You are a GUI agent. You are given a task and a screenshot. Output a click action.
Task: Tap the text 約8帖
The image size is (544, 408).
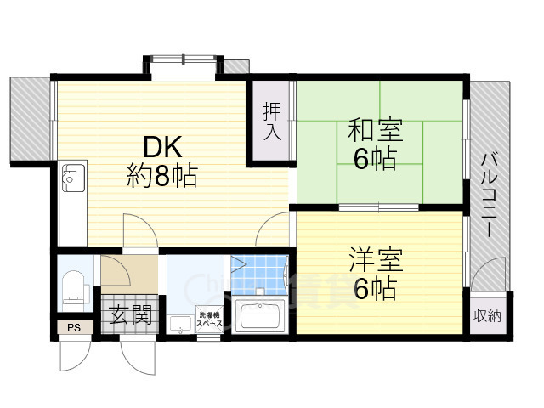tap(162, 176)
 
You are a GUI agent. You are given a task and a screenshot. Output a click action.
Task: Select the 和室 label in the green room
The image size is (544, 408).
tap(374, 132)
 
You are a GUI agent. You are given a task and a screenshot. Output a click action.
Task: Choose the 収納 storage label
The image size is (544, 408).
tap(488, 315)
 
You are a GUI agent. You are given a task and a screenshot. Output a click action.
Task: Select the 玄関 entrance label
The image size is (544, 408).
tap(129, 316)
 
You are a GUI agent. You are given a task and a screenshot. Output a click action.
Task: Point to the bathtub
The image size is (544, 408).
tap(262, 317)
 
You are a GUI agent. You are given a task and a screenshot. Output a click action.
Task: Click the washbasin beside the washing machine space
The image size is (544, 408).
tap(179, 322)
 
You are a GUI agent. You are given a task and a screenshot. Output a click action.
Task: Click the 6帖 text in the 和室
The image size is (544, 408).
tap(374, 160)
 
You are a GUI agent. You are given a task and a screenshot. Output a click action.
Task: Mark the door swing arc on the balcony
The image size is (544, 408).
tap(487, 276)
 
